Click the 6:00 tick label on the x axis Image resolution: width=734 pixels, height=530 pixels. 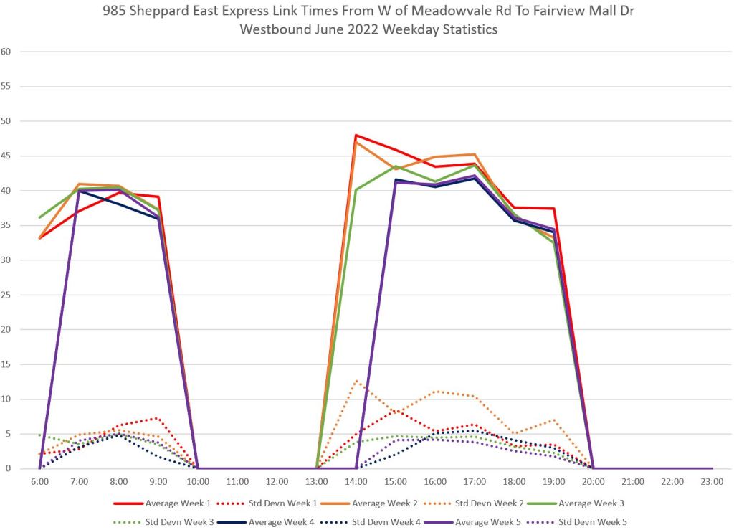pyautogui.click(x=40, y=482)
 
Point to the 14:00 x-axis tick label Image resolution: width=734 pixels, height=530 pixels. pyautogui.click(x=356, y=482)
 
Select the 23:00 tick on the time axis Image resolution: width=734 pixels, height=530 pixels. pyautogui.click(x=712, y=482)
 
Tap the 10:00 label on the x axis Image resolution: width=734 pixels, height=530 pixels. pyautogui.click(x=198, y=482)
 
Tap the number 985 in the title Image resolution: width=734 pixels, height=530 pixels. pyautogui.click(x=185, y=13)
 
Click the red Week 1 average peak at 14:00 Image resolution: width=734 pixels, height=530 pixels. pyautogui.click(x=356, y=135)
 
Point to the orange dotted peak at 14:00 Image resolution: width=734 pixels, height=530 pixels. pyautogui.click(x=356, y=381)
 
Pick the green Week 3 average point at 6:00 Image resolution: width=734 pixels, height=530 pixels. pyautogui.click(x=40, y=217)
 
